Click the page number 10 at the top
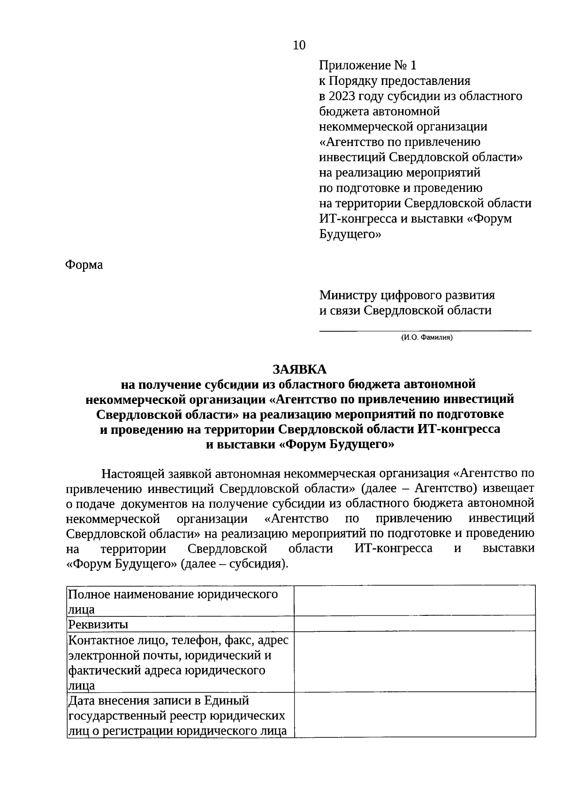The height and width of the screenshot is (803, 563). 299,45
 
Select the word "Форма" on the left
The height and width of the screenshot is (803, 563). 84,265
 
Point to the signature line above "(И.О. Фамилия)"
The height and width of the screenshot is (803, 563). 425,331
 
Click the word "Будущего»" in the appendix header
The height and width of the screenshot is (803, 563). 350,234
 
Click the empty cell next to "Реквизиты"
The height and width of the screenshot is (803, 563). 415,624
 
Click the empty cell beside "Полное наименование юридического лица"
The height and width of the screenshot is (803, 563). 415,601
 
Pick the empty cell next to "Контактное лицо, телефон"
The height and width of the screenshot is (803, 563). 415,662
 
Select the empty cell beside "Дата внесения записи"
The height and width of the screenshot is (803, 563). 415,715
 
